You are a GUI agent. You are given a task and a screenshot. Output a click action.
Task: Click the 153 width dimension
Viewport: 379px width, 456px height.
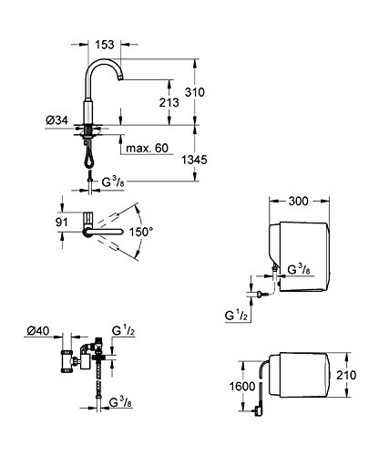(x=105, y=45)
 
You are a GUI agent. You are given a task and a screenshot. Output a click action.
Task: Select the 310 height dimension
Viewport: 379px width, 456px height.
(x=195, y=92)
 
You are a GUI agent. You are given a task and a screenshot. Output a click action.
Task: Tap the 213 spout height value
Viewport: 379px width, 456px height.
(x=169, y=102)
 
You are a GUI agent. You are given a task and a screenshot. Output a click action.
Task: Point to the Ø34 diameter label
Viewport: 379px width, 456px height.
(x=56, y=120)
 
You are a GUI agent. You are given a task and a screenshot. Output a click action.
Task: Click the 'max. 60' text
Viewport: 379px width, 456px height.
(x=147, y=148)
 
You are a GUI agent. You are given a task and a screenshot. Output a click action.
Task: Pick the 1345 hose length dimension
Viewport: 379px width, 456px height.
(x=194, y=160)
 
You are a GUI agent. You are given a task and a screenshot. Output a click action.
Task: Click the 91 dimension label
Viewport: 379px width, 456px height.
(x=62, y=223)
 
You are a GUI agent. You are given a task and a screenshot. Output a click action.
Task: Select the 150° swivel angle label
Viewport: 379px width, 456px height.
(x=141, y=232)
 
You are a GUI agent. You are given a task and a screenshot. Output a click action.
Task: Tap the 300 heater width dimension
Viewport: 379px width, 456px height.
(x=298, y=201)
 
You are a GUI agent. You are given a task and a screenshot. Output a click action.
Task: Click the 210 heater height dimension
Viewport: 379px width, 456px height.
(x=346, y=375)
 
